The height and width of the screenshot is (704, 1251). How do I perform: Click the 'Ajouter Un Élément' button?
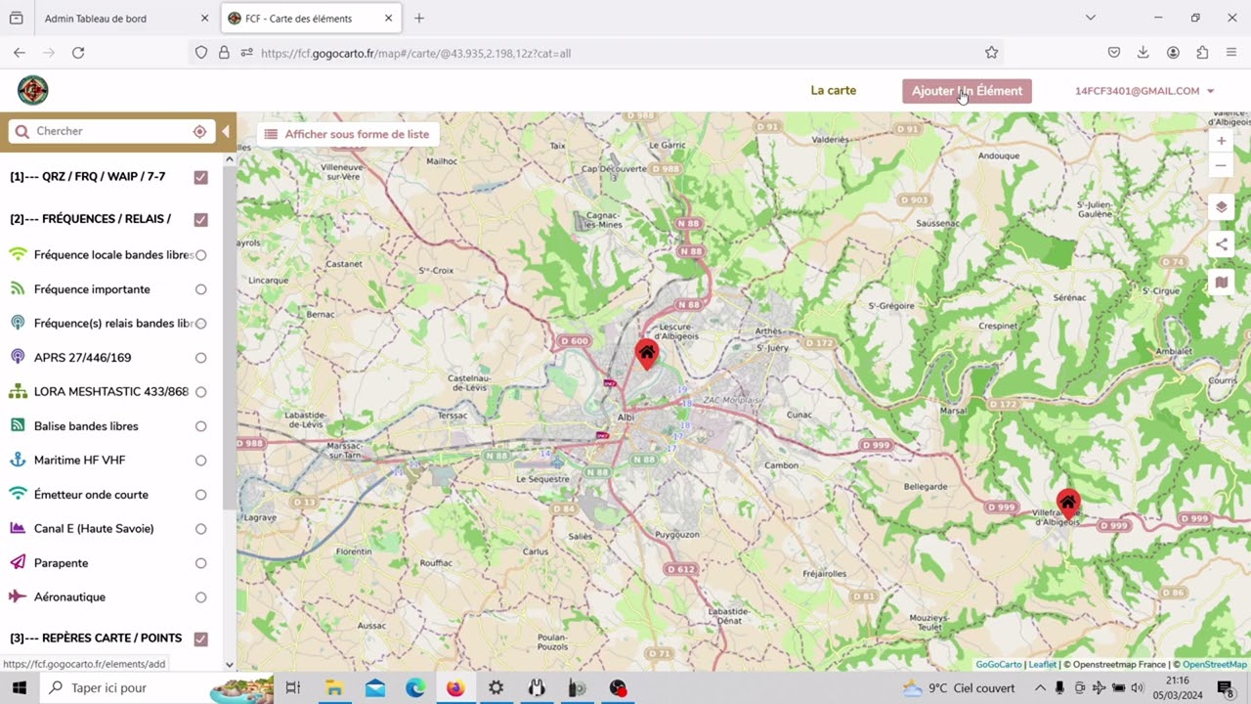(967, 91)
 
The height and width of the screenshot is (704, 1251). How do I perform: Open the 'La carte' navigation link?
(833, 91)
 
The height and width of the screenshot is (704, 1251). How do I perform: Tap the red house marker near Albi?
(646, 353)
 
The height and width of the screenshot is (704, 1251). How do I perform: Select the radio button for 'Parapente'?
(200, 563)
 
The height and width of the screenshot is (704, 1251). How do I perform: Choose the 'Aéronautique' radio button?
(200, 597)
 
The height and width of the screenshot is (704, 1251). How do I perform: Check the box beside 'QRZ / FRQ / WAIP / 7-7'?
(200, 177)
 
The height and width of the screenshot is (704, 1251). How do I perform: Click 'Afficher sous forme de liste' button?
(347, 134)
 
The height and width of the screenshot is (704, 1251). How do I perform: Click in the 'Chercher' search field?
(108, 131)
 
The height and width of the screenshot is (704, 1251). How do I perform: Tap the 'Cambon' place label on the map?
(782, 465)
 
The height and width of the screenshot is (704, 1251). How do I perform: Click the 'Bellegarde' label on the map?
(926, 486)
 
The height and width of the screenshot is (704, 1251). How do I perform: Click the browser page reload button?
(78, 53)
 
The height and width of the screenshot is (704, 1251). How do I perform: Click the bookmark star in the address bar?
(991, 53)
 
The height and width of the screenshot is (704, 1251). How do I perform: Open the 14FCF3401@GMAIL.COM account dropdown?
(1143, 91)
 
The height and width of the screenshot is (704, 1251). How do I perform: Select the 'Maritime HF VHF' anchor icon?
(18, 460)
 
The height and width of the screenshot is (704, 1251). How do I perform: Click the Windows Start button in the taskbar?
(19, 687)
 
